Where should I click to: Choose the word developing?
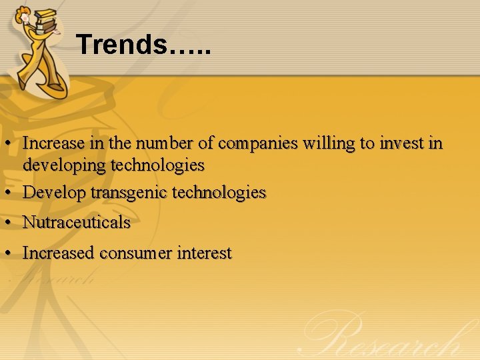pyautogui.click(x=65, y=165)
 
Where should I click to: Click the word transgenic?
pyautogui.click(x=129, y=193)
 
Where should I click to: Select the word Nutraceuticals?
pyautogui.click(x=77, y=223)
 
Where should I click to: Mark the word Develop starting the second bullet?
pyautogui.click(x=55, y=193)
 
